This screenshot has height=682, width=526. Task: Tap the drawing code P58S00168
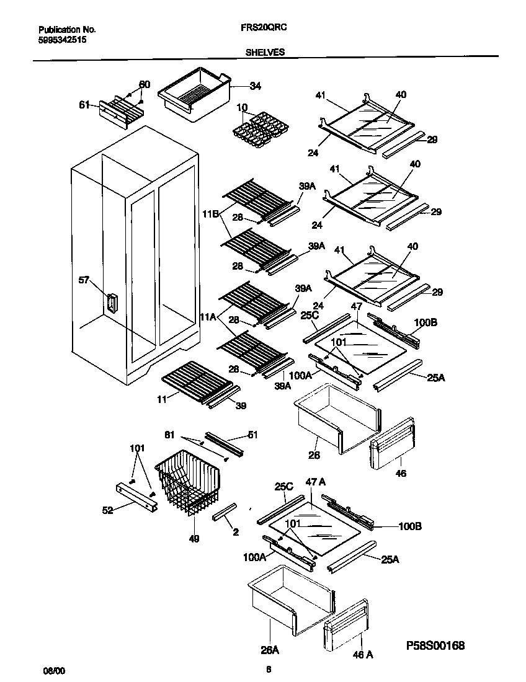click(x=434, y=645)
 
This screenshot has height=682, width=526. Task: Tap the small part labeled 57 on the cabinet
click(x=112, y=304)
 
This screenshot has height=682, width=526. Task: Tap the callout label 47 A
click(x=316, y=482)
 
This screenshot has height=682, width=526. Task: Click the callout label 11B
click(x=209, y=214)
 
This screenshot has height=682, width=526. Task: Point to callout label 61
click(x=84, y=105)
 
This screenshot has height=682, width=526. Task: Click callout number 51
click(x=252, y=435)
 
